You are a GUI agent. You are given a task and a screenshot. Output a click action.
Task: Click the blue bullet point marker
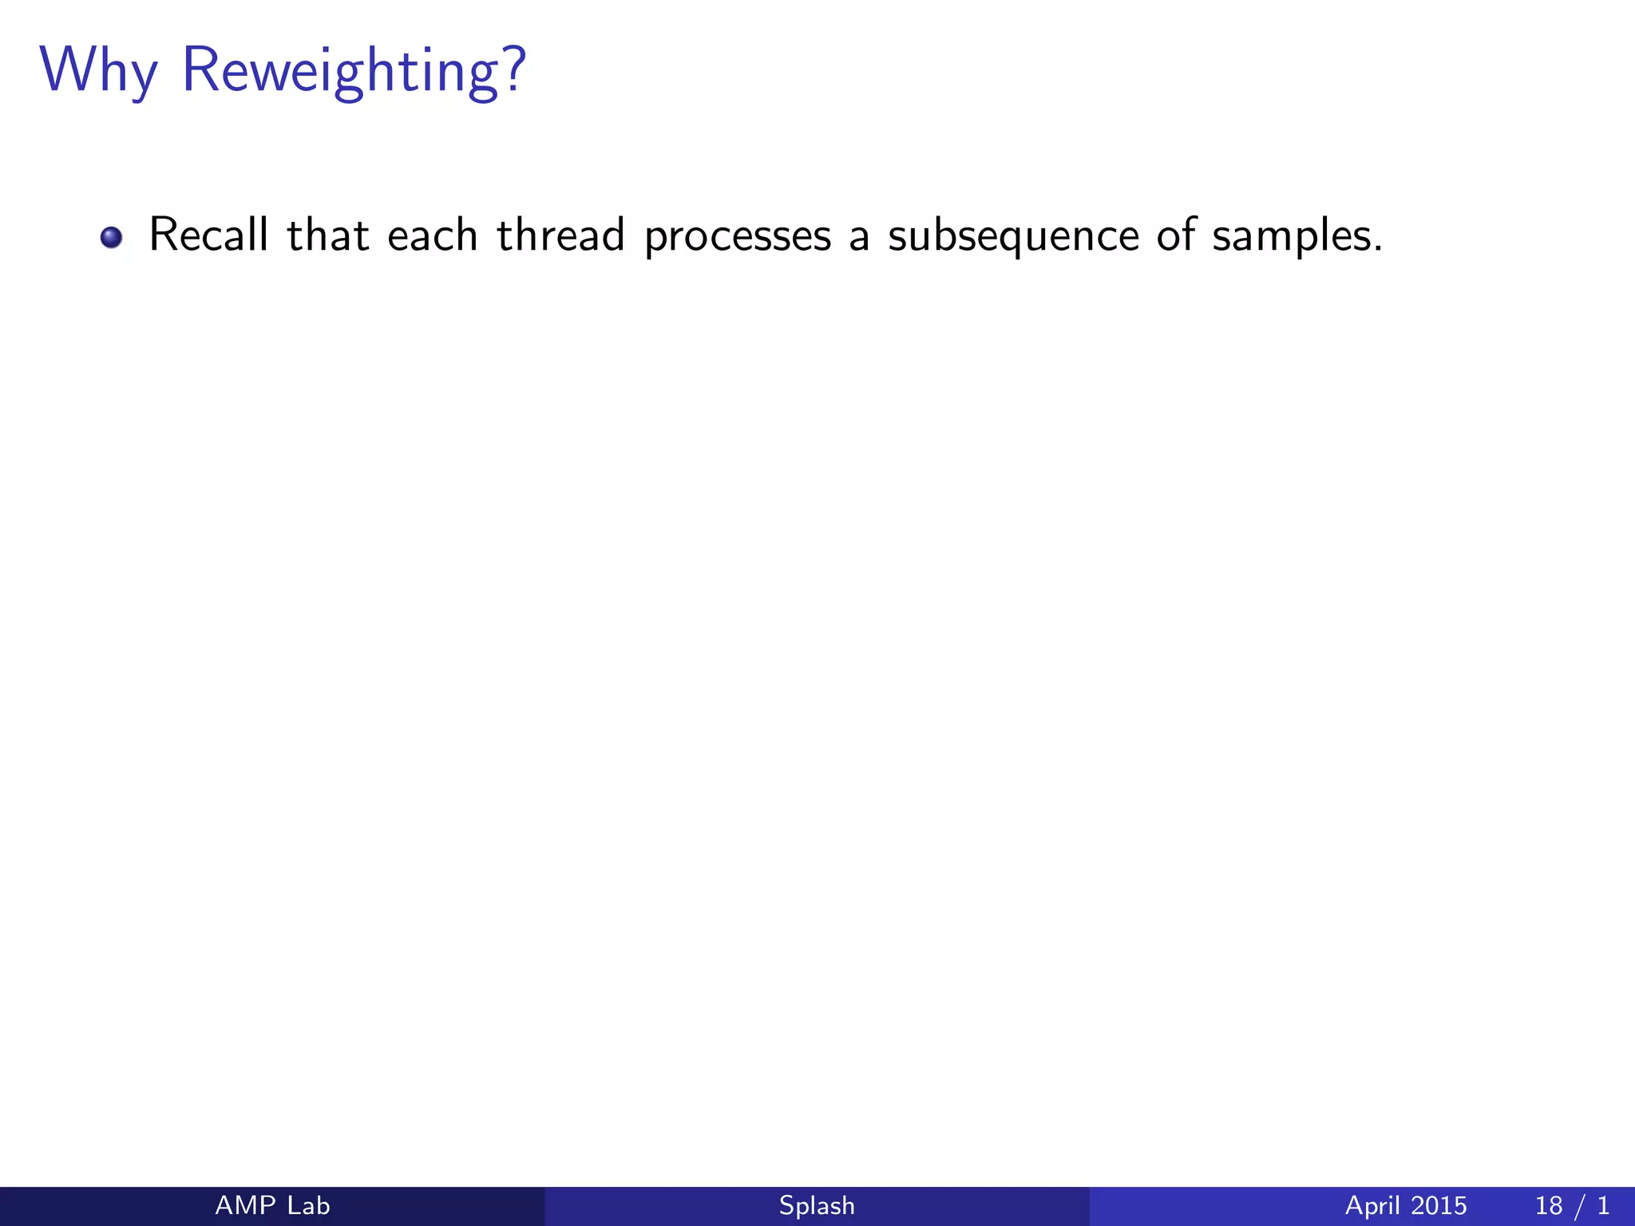[111, 238]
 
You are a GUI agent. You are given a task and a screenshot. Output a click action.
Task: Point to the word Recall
[208, 235]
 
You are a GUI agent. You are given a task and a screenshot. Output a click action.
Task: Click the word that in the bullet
[327, 235]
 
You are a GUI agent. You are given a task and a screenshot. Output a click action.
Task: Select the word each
[432, 235]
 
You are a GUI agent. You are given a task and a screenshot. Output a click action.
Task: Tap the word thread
[560, 235]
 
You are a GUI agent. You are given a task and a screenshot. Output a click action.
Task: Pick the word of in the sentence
[1176, 235]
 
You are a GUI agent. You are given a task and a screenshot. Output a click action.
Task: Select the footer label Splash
[817, 1206]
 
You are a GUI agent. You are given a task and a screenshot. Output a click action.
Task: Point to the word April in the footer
[1373, 1206]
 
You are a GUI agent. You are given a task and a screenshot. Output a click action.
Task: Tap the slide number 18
[1549, 1205]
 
